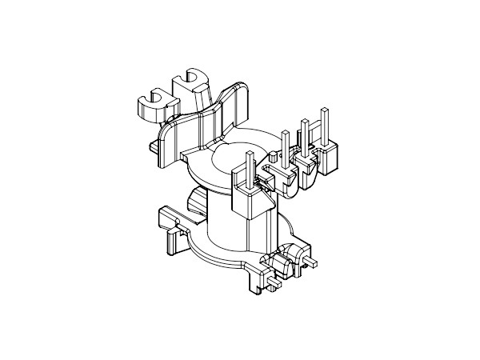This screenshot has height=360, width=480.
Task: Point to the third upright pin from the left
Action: [304, 136]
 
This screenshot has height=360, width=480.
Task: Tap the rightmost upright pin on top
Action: [324, 124]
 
